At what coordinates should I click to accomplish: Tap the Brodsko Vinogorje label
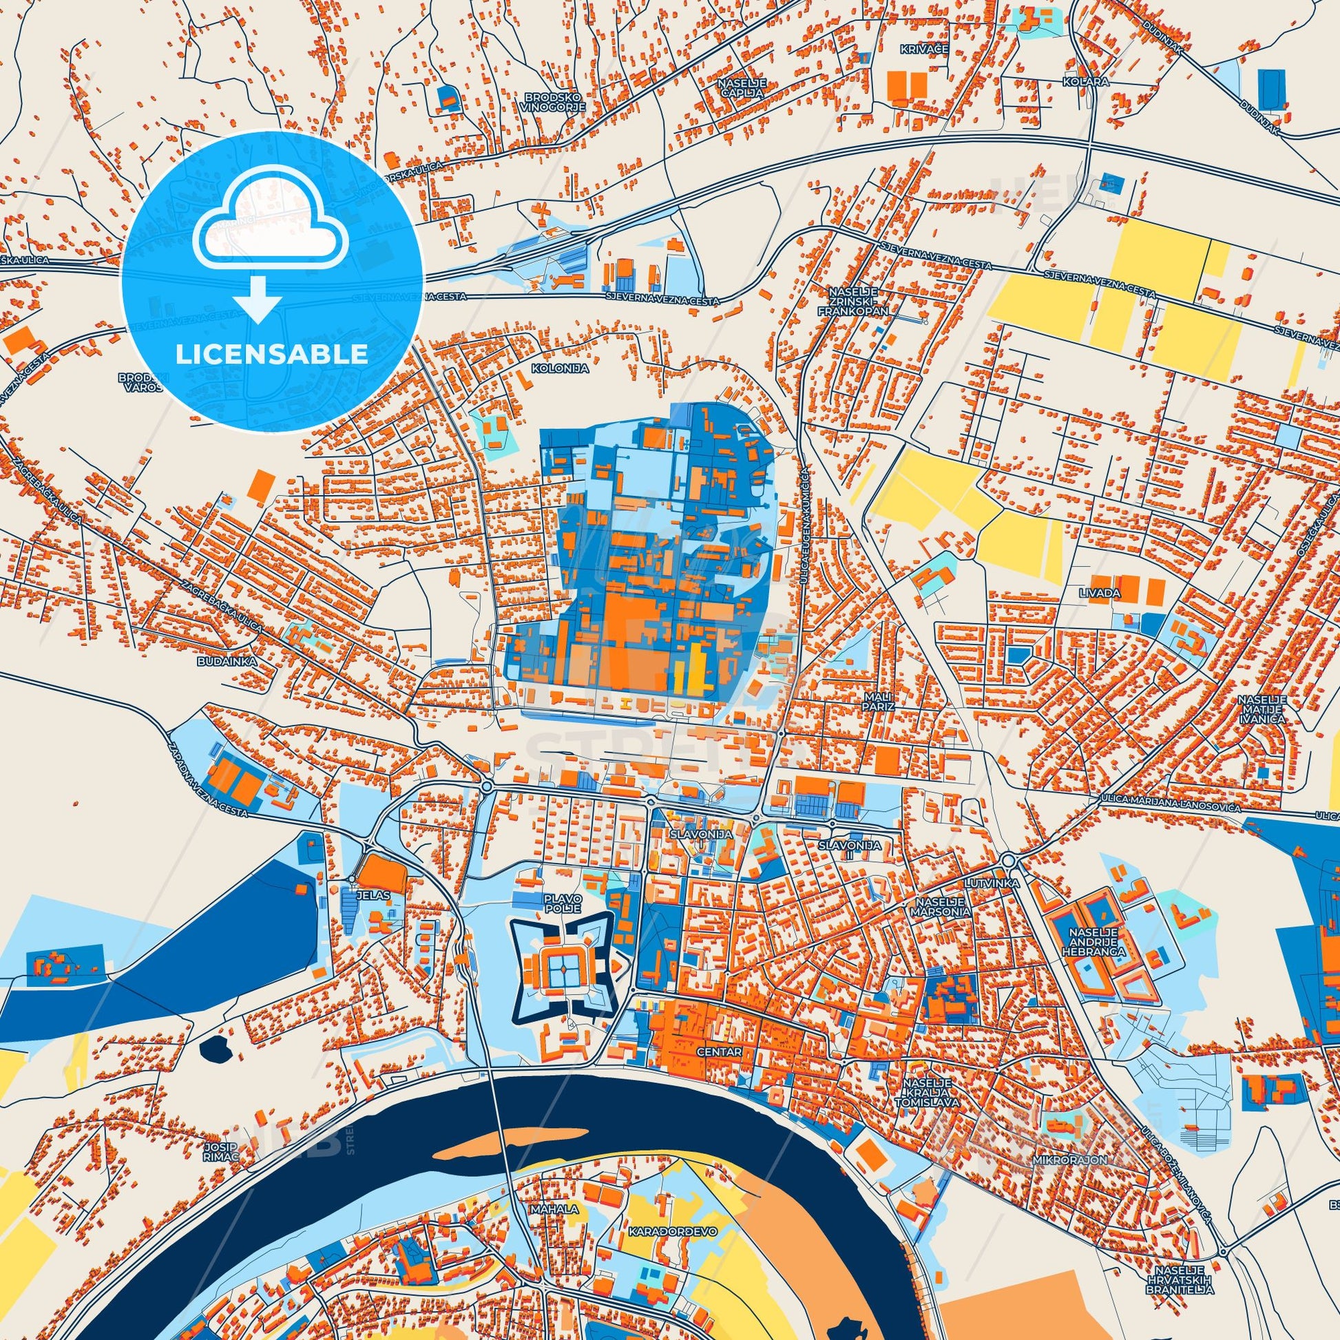click(555, 103)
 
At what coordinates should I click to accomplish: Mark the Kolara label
click(1075, 82)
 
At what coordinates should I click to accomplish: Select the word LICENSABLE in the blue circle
click(271, 355)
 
